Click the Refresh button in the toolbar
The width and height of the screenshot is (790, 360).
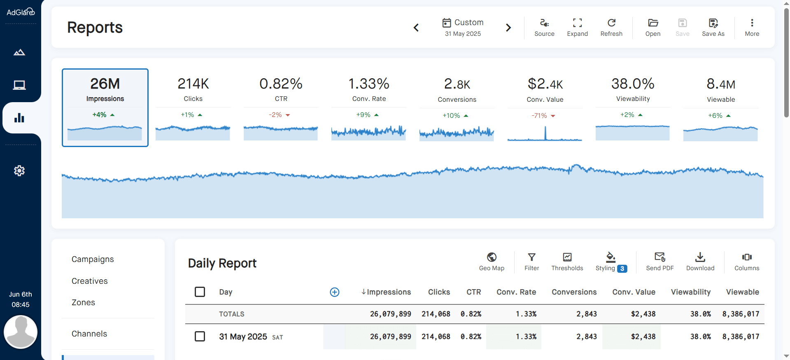[x=611, y=27]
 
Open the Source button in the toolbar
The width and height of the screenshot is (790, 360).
[x=544, y=27]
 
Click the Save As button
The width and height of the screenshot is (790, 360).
[x=713, y=27]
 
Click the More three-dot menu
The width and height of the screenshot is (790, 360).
[x=752, y=27]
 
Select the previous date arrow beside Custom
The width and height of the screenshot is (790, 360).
[x=416, y=28]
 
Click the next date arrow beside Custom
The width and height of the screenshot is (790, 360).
[x=508, y=28]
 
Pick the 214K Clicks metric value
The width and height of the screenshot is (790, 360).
[x=193, y=84]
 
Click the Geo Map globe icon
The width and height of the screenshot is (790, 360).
[x=492, y=257]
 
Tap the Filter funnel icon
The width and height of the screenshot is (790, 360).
[x=531, y=257]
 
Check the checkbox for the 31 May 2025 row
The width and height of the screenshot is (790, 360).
[x=200, y=337]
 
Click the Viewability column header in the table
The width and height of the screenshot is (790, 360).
[x=690, y=292]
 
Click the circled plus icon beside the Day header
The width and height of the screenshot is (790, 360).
[x=335, y=292]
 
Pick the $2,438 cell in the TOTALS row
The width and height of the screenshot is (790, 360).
[x=643, y=314]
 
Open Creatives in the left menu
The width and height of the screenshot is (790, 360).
[x=90, y=281]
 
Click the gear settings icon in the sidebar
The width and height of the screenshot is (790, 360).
[x=19, y=171]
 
